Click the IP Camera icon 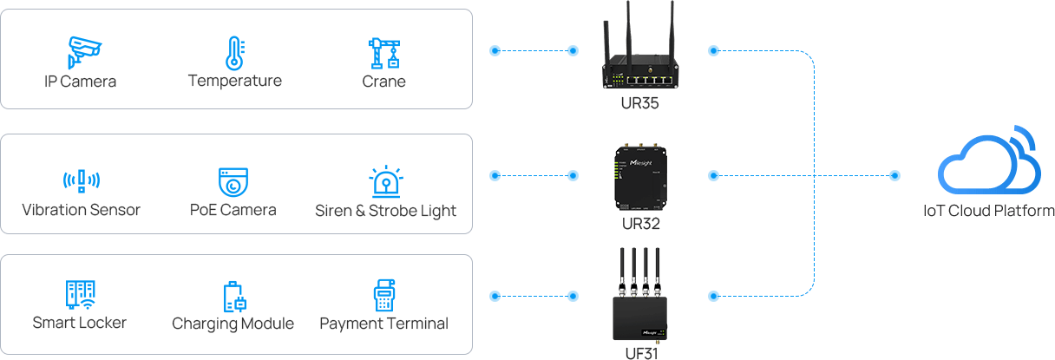(80, 52)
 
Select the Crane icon (383, 53)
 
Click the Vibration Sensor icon (81, 180)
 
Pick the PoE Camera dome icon (233, 181)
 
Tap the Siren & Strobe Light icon (385, 181)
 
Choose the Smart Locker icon (80, 295)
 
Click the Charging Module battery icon (233, 296)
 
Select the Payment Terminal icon (383, 296)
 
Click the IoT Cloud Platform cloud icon (989, 166)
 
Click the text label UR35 (641, 104)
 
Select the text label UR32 (641, 224)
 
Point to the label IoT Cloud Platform (988, 211)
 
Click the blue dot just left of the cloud (895, 176)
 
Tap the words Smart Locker (80, 323)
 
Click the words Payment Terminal (383, 324)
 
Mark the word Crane (383, 82)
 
